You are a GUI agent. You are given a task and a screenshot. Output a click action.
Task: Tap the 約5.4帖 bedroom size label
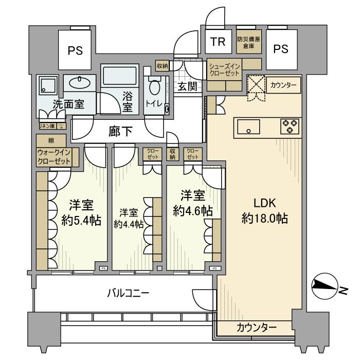click(x=80, y=221)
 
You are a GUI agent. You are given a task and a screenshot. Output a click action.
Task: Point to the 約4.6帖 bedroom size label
click(x=193, y=210)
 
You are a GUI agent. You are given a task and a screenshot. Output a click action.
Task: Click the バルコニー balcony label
click(x=128, y=294)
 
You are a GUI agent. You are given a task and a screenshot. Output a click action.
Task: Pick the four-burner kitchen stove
click(x=290, y=127)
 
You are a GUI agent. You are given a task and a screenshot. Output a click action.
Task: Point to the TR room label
click(x=218, y=43)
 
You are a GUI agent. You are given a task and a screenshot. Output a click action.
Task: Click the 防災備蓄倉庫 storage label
click(x=248, y=42)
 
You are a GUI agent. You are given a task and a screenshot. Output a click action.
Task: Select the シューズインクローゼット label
click(x=224, y=69)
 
